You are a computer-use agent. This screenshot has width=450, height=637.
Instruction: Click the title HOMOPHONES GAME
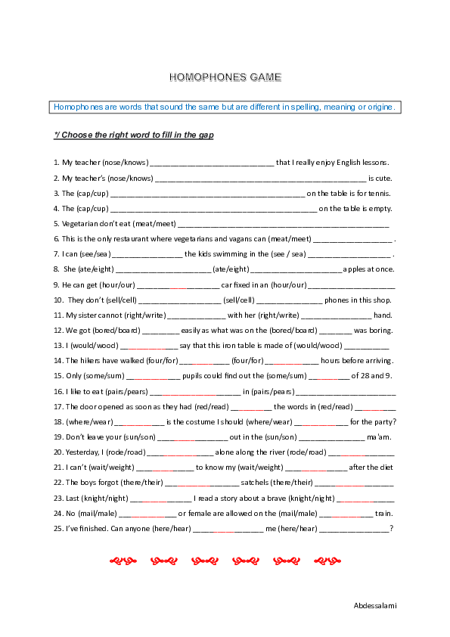(x=225, y=77)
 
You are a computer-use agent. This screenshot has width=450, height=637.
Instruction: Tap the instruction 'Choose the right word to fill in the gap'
(x=137, y=135)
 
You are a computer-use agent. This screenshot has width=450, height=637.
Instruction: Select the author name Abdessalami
(x=375, y=605)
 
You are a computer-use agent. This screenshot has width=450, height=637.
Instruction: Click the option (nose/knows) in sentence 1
(x=127, y=163)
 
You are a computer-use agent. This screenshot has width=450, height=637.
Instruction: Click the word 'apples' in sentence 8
(x=355, y=269)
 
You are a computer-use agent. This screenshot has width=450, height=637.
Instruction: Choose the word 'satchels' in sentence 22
(x=255, y=483)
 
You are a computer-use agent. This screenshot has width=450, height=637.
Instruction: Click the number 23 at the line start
(x=58, y=498)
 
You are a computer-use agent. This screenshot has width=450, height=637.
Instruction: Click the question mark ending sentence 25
(x=392, y=528)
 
